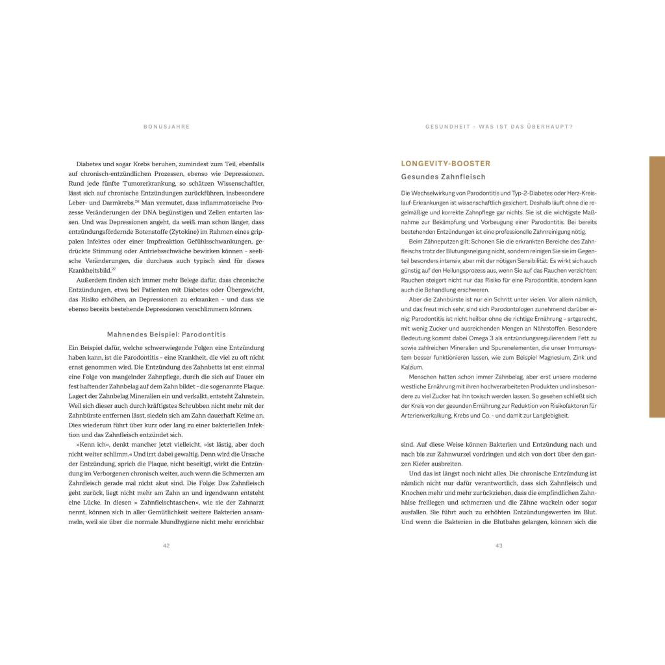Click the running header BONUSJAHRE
click(x=166, y=127)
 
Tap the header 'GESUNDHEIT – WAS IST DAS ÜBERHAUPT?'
click(x=499, y=127)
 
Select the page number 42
click(x=166, y=546)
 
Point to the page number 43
click(x=499, y=546)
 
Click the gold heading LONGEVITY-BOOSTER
click(x=445, y=164)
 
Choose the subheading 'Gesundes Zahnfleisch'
click(x=443, y=177)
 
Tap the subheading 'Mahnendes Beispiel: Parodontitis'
click(x=166, y=334)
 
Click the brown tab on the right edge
click(x=657, y=286)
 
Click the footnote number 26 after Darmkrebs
click(x=137, y=201)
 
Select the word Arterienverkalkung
click(x=429, y=416)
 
